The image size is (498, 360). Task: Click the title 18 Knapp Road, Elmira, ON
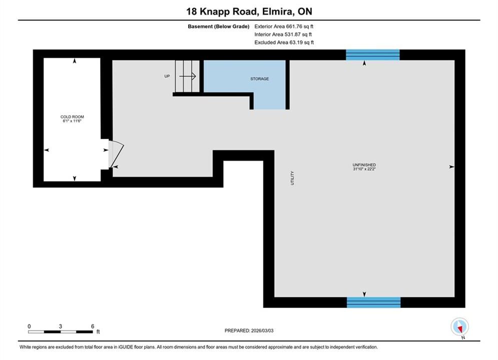pos(249,11)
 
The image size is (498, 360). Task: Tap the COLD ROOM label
pos(73,116)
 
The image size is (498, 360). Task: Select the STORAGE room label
pos(259,78)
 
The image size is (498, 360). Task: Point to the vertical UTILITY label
pos(292,178)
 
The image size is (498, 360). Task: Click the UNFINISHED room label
pos(364,165)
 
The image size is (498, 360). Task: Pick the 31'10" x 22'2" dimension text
pos(364,169)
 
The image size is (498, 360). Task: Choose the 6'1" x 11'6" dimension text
pos(72,121)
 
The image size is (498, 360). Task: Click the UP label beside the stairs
pos(167,76)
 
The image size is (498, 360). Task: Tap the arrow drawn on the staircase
pos(187,76)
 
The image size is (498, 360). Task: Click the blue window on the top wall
pos(372,55)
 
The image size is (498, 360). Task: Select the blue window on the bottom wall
pos(373,302)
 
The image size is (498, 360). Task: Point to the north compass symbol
pos(459,326)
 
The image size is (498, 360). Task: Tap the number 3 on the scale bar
pos(61,326)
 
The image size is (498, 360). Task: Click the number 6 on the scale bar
pos(93,326)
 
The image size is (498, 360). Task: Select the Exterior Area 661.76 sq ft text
pos(284,26)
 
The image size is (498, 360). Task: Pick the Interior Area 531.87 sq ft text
pos(283,34)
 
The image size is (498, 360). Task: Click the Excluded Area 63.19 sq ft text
pos(284,42)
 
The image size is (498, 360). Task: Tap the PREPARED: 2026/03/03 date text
pos(249,330)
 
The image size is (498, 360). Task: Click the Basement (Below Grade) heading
pos(219,26)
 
